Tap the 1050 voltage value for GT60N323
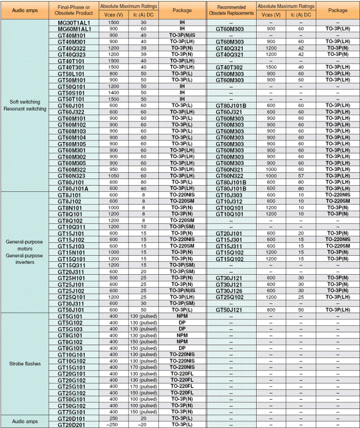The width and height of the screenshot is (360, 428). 114,175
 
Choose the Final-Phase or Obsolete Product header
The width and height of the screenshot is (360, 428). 75,10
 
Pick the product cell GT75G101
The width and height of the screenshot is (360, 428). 71,412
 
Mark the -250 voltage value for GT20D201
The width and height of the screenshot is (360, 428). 114,424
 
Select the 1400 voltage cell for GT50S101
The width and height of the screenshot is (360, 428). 114,93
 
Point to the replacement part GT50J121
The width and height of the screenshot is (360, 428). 229,310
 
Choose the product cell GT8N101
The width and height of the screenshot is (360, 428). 70,207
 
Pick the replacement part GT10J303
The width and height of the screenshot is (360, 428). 229,195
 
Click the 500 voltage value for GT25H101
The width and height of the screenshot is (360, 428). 114,278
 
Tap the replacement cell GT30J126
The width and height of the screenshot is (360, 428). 229,291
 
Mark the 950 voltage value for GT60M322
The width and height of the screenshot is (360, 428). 114,169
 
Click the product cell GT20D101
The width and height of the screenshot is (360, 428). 71,418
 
